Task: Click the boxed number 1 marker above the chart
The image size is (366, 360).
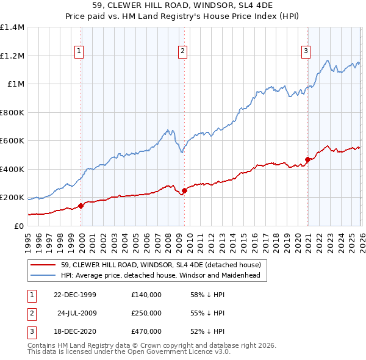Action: coord(80,52)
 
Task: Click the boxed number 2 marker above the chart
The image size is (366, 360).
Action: coord(182,52)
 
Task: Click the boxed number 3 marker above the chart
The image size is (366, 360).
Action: coord(305,52)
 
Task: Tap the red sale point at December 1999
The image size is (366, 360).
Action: coord(81,206)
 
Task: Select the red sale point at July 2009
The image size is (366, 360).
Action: coord(184,191)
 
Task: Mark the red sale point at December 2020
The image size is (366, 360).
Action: coord(308,160)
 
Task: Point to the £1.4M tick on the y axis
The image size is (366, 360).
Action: coord(12,27)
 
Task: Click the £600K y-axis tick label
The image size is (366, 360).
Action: coord(12,141)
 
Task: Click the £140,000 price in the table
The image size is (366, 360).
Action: coord(146,295)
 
